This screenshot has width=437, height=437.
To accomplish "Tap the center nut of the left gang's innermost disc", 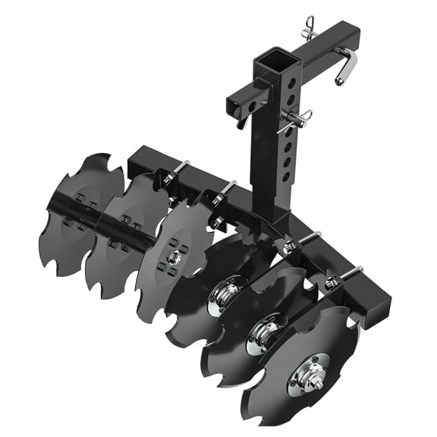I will click(x=174, y=256).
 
